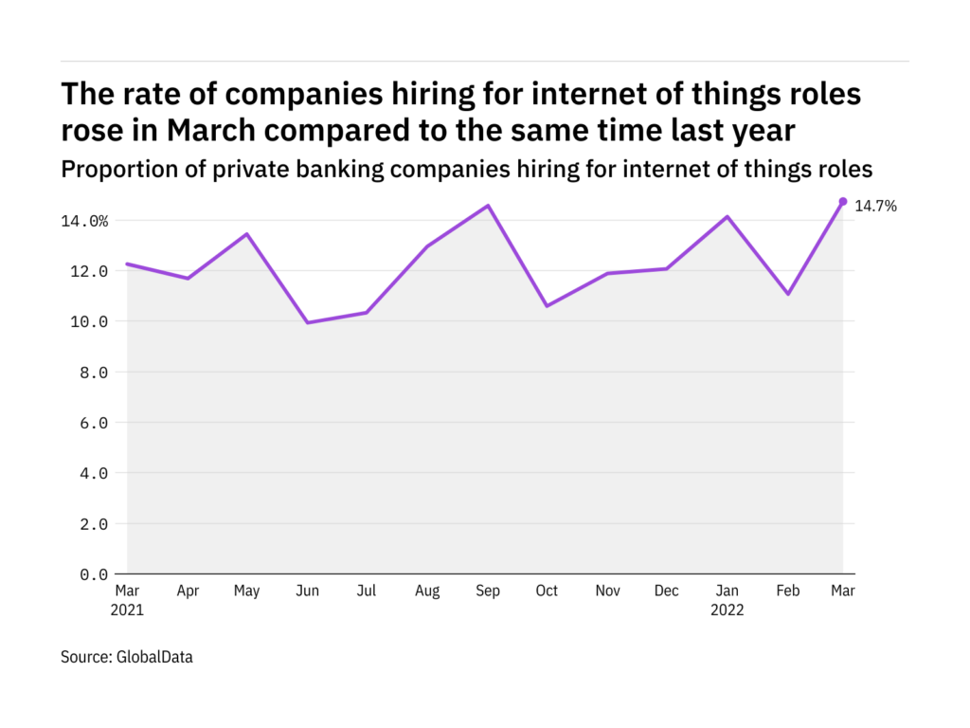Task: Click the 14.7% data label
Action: (875, 205)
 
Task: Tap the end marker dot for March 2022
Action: (843, 201)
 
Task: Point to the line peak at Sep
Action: (488, 206)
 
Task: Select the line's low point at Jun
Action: (308, 322)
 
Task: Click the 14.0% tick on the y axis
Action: (85, 221)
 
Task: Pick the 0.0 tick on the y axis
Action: (93, 574)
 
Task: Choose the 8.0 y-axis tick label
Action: (93, 373)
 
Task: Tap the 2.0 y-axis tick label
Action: (93, 524)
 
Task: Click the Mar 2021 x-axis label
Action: (127, 600)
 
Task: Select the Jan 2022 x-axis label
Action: (727, 600)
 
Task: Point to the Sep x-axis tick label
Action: (487, 591)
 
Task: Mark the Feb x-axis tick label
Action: (786, 591)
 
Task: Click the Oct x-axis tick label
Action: (547, 591)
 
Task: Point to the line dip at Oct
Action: (548, 306)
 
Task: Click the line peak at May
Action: (247, 234)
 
